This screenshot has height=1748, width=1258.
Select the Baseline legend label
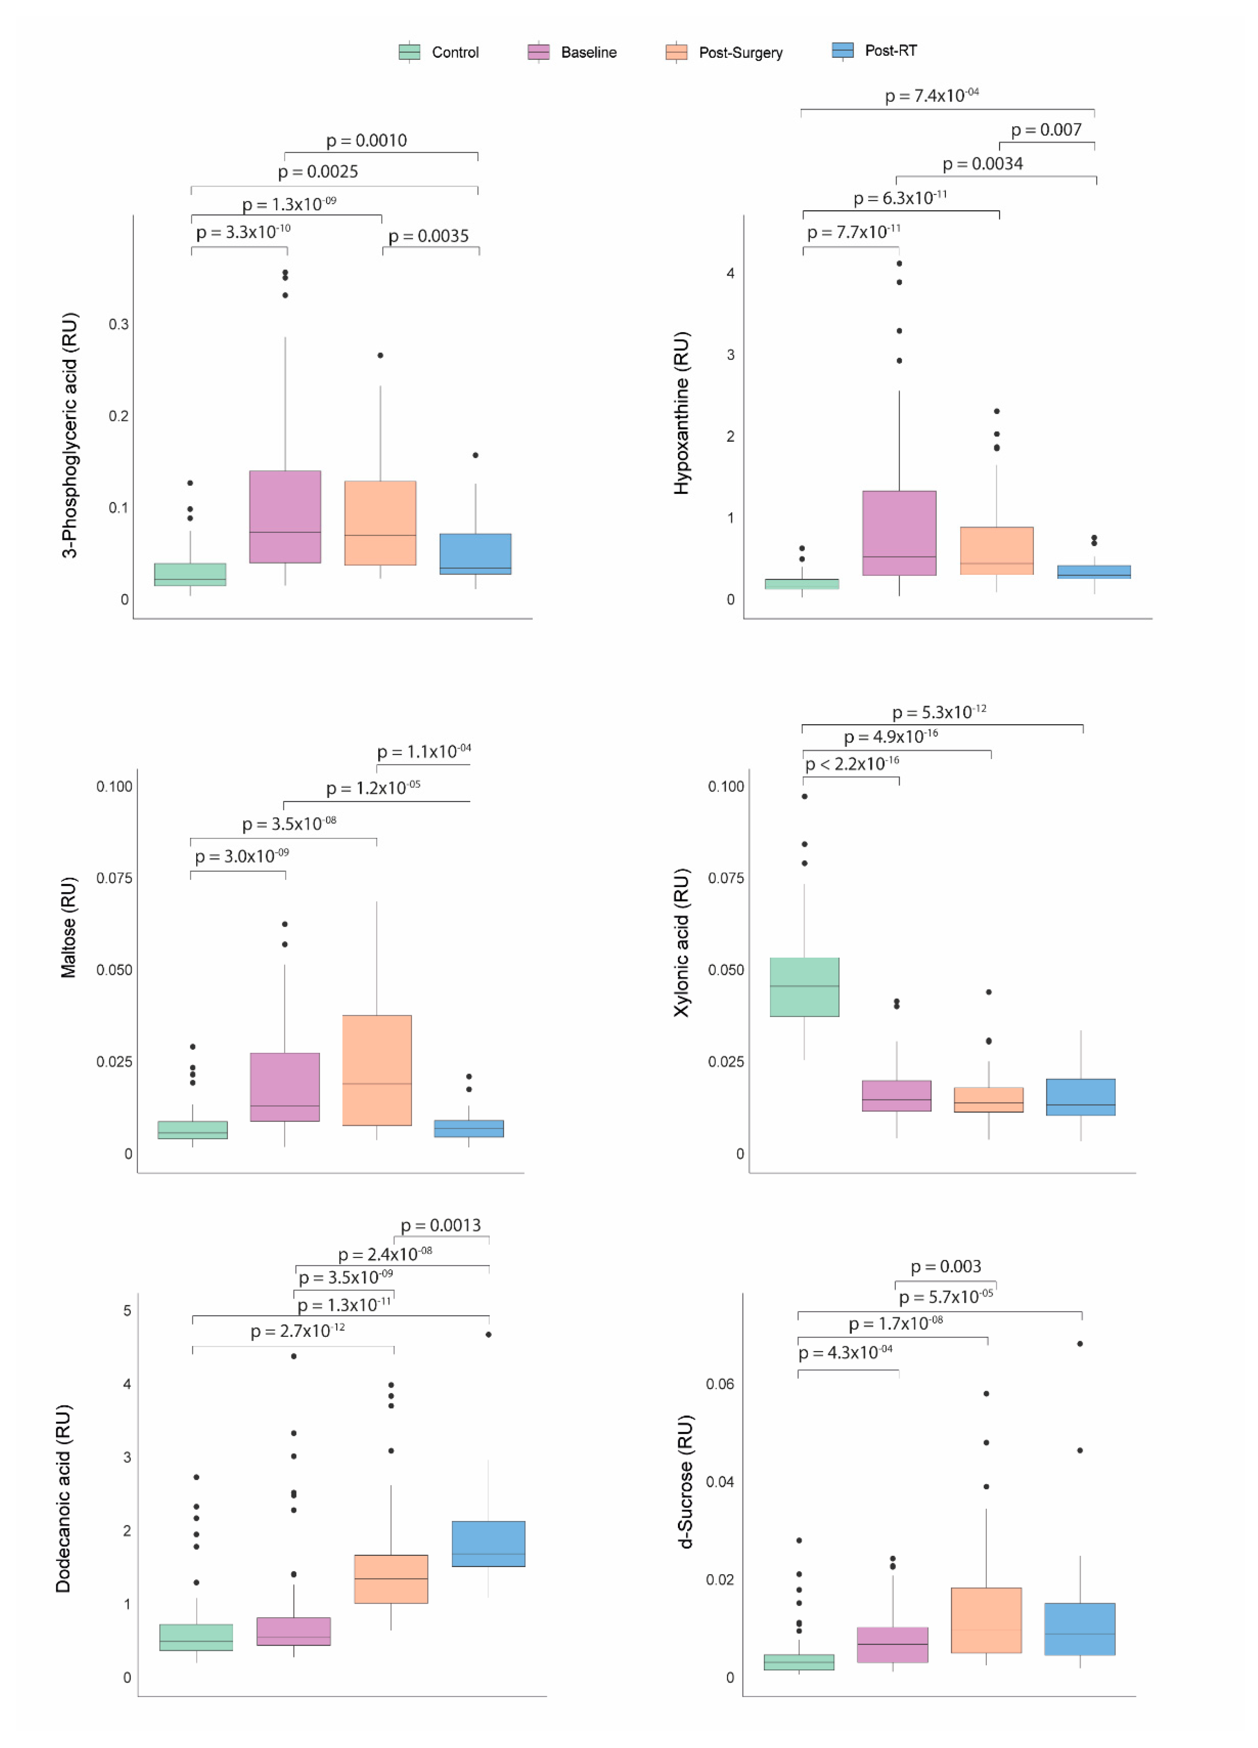[x=588, y=53]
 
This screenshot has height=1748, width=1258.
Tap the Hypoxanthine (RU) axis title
[x=682, y=413]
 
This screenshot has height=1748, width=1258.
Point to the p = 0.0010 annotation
[x=366, y=140]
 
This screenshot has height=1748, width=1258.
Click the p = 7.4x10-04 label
[x=931, y=95]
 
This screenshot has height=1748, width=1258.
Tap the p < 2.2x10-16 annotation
[x=852, y=764]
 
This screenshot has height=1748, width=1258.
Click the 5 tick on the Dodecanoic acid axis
[x=127, y=1310]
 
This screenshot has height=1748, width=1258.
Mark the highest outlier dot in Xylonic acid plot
[x=804, y=796]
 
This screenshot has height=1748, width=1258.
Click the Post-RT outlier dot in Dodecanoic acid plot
[x=488, y=1334]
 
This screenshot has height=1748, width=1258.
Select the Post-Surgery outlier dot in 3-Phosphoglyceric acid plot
[x=380, y=355]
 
